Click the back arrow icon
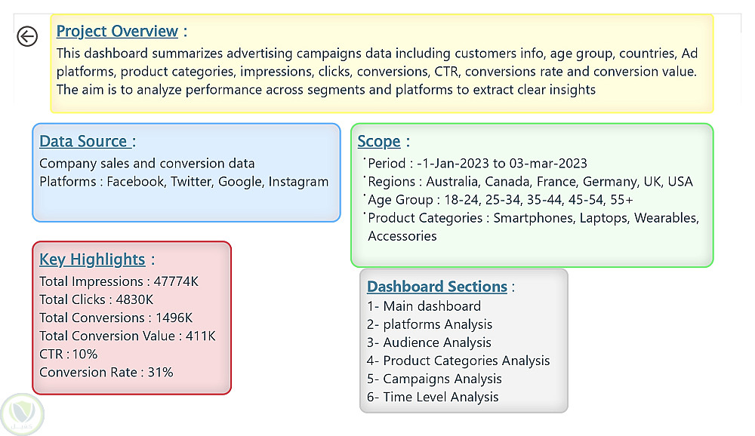(27, 36)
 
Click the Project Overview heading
(117, 31)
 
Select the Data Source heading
(83, 141)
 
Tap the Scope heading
(379, 142)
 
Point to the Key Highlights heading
(92, 259)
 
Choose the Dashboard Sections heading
(437, 287)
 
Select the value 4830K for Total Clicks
(134, 299)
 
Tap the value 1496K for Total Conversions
(174, 318)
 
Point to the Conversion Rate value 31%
(160, 373)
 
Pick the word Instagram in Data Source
(298, 182)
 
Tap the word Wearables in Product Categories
(667, 218)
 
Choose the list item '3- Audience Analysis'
(429, 342)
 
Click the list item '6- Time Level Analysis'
(433, 397)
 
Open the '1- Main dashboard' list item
(424, 306)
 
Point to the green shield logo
(22, 414)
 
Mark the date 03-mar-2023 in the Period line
(548, 164)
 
